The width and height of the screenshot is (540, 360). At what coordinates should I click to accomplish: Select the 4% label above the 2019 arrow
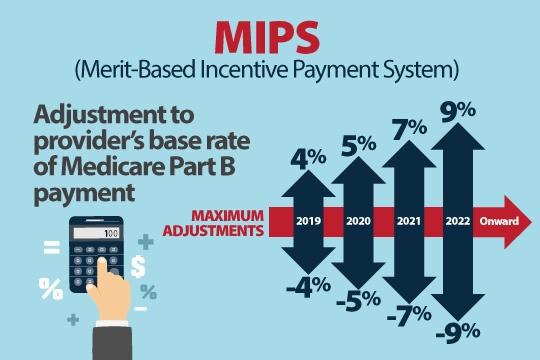point(304,158)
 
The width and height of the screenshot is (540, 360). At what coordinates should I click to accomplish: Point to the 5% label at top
point(359,146)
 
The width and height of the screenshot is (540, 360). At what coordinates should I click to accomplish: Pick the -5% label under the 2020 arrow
point(358,300)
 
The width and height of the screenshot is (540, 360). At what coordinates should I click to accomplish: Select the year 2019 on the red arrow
point(308,222)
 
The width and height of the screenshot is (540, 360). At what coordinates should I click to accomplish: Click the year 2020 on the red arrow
point(358,222)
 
